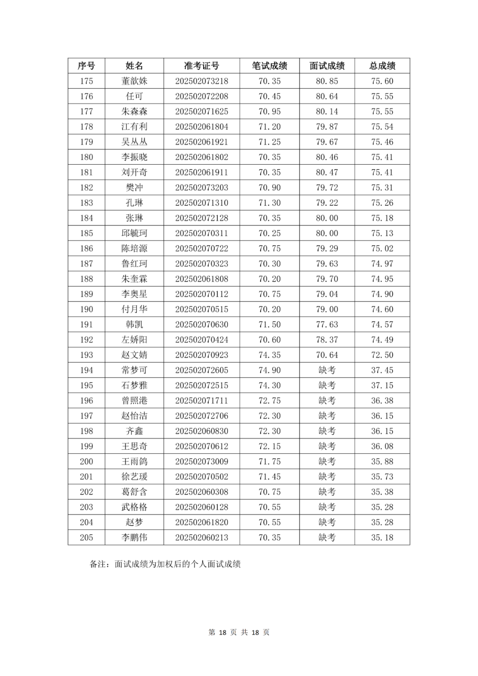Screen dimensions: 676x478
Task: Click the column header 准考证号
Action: [x=201, y=66]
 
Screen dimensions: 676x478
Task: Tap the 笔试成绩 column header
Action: [x=270, y=66]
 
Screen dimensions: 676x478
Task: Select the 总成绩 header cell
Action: [x=382, y=66]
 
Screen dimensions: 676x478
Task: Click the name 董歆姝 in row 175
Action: [x=134, y=81]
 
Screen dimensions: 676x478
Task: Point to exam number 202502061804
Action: [x=201, y=127]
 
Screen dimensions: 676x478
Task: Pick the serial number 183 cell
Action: [x=86, y=203]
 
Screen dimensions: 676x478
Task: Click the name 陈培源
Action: [x=134, y=248]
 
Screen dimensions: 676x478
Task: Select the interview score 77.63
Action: [x=327, y=324]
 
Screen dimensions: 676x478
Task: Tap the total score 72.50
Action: [x=382, y=355]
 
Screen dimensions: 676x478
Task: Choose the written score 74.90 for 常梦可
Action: [x=270, y=370]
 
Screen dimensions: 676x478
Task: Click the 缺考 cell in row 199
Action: [x=327, y=446]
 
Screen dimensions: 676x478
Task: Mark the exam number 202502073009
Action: [x=201, y=461]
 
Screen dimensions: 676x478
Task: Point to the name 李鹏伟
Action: [x=134, y=537]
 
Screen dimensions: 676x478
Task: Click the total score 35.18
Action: [x=382, y=537]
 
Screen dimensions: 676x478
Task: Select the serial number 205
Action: [x=86, y=537]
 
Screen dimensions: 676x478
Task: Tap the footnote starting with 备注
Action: [x=165, y=564]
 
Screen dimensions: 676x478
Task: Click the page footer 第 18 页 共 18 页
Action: [x=239, y=632]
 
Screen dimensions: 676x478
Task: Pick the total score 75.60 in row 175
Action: [x=382, y=81]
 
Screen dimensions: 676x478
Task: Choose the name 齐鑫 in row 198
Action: [x=134, y=431]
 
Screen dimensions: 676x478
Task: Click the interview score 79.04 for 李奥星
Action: [x=327, y=294]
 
